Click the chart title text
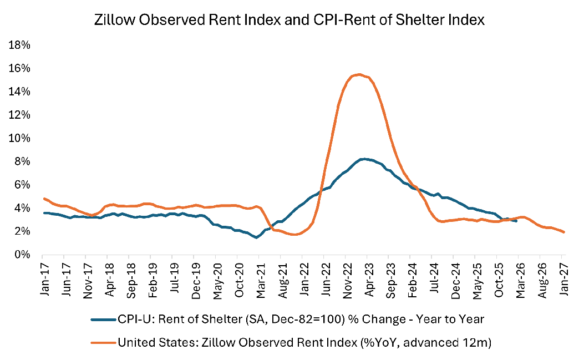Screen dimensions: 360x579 290,21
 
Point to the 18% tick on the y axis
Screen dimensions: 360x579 21,45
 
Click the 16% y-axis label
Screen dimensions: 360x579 21,68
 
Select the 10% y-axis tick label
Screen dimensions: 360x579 21,138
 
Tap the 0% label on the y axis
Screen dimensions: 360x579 23,255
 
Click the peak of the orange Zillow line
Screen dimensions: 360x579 359,74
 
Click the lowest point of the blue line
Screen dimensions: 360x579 256,237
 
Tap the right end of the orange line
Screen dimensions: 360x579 564,232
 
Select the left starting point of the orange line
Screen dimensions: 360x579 43,199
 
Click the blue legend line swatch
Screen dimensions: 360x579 103,319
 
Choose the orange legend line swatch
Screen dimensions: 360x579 103,343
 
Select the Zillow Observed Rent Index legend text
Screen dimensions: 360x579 304,343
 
